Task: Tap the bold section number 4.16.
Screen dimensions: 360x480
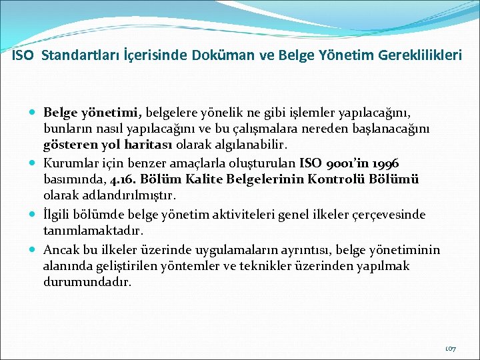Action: pos(116,180)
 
